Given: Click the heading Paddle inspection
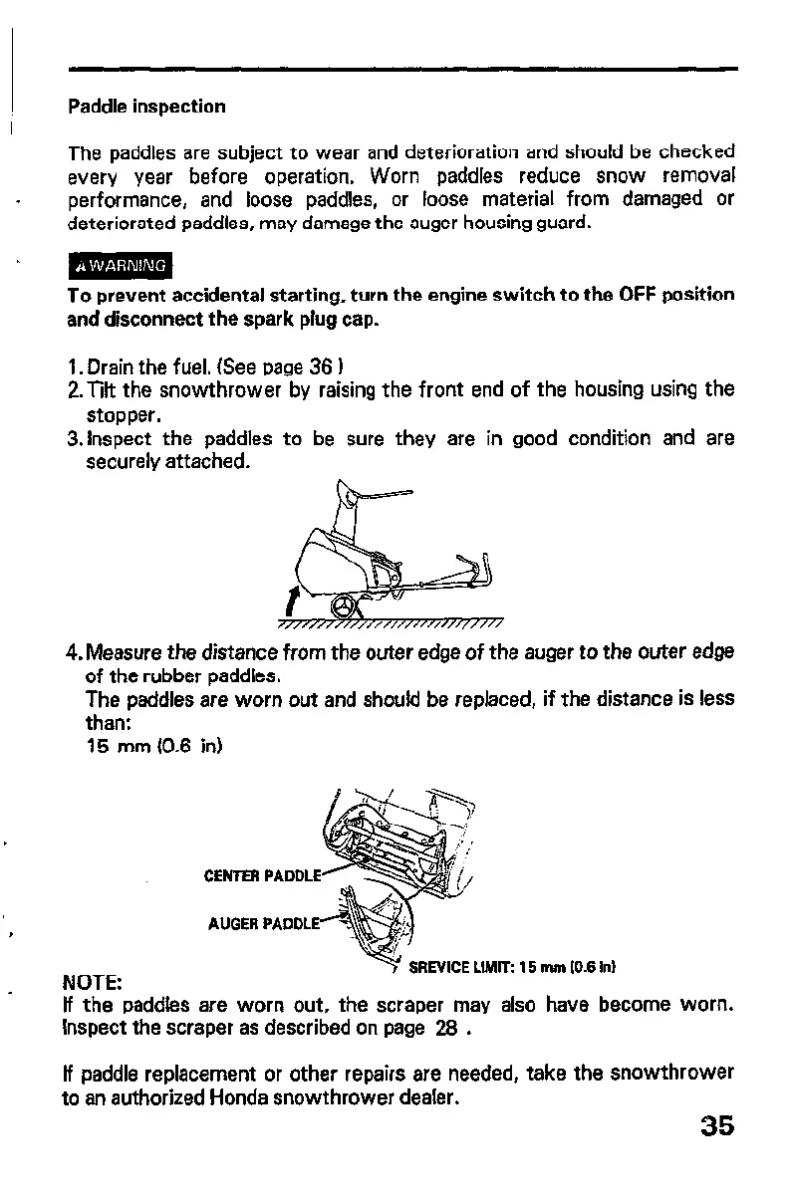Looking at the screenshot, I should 146,106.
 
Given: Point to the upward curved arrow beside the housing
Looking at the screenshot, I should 291,600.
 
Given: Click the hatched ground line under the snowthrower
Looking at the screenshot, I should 389,625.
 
